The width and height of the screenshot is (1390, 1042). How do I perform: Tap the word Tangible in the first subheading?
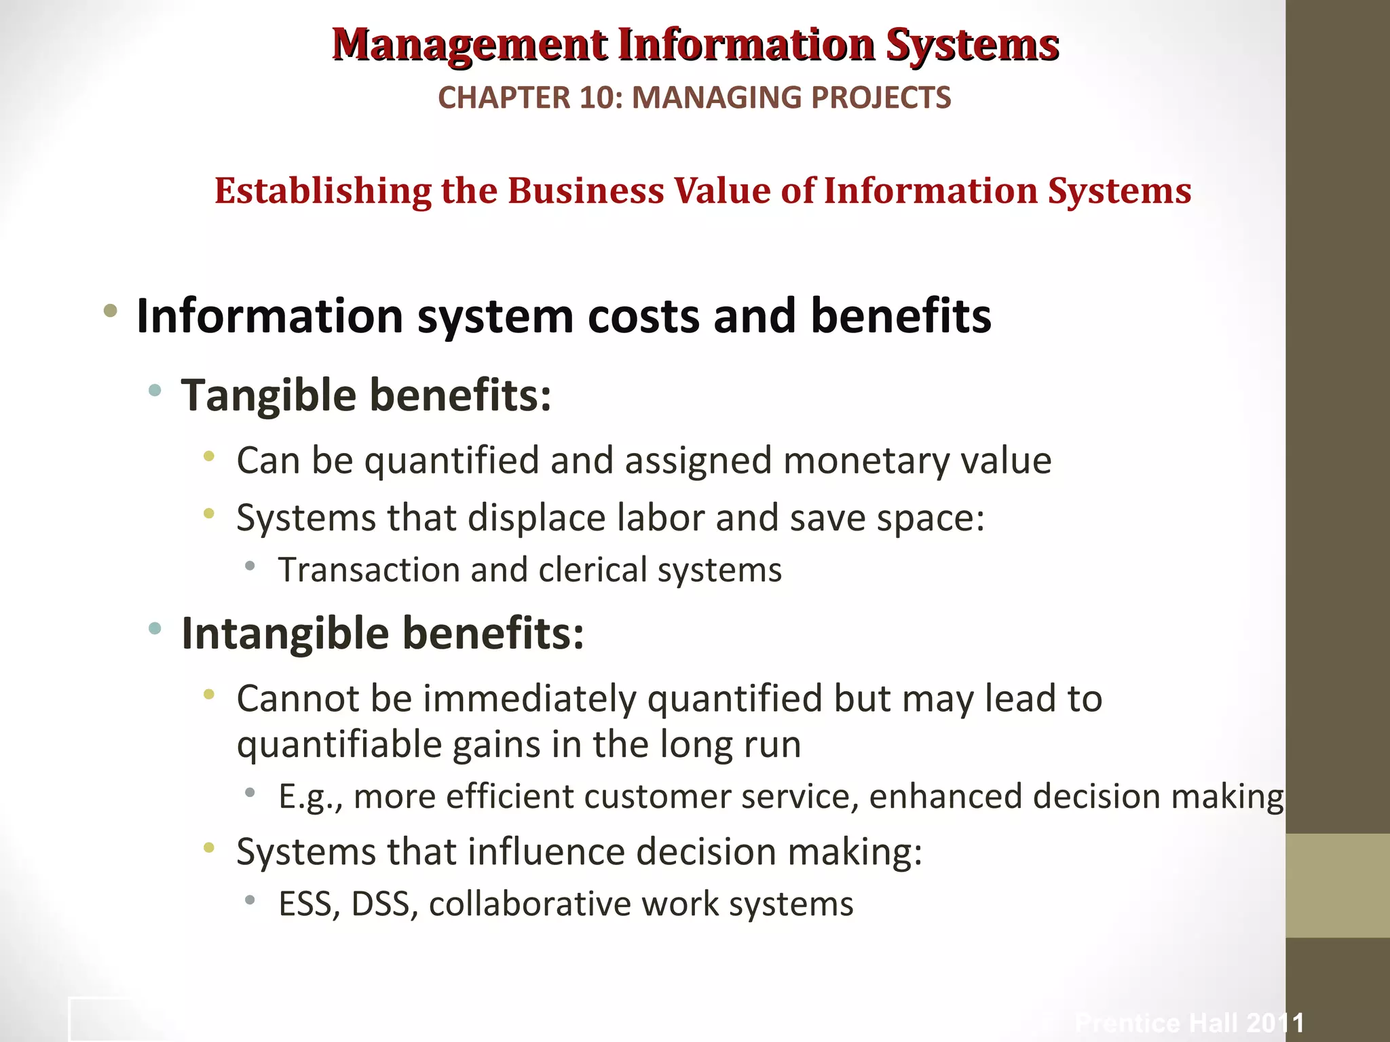pyautogui.click(x=268, y=395)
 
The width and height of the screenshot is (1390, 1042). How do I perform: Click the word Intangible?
pyautogui.click(x=285, y=633)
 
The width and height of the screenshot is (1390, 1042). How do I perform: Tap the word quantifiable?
pyautogui.click(x=339, y=745)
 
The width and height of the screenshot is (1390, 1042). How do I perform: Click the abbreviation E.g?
pyautogui.click(x=309, y=796)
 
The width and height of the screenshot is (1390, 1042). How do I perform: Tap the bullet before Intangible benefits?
pyautogui.click(x=155, y=629)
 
